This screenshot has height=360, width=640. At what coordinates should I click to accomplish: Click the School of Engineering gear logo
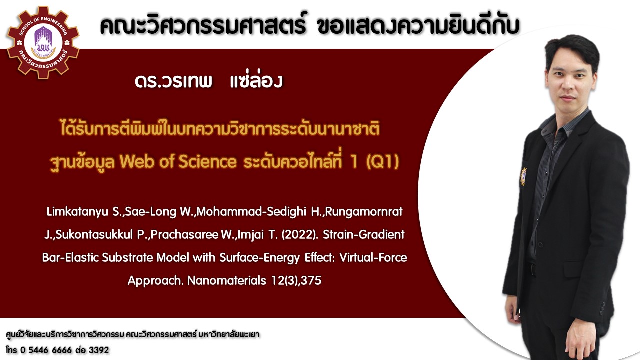coord(43,43)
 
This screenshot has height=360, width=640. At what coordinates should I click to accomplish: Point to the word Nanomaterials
coord(227,280)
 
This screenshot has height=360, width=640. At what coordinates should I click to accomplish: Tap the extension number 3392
coord(99,350)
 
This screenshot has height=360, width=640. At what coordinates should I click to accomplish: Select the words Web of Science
coord(178,161)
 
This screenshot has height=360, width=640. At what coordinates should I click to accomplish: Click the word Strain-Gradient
coord(364,235)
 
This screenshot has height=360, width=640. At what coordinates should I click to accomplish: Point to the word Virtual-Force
coord(373,257)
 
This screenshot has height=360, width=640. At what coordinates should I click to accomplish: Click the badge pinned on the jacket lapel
coord(523,177)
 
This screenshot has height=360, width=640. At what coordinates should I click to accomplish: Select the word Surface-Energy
coord(259,258)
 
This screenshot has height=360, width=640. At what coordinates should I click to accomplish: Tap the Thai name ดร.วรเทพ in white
coord(173,81)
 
